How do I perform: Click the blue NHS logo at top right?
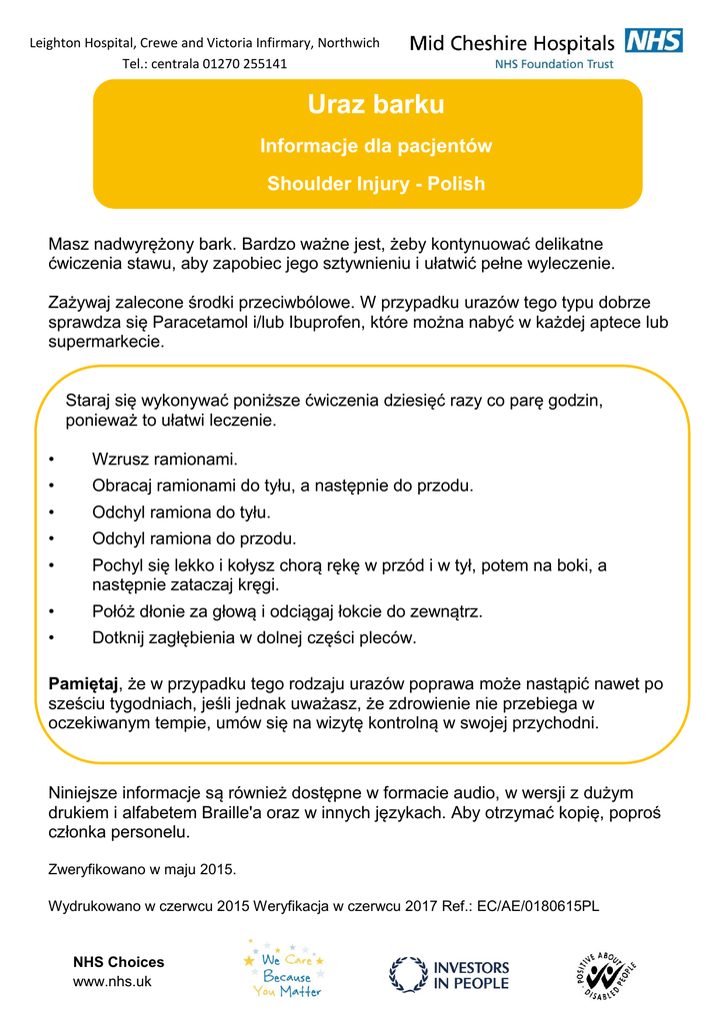coord(653,41)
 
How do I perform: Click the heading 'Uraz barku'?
coord(376,105)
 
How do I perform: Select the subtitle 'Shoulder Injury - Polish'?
coord(376,184)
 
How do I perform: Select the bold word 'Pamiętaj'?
coord(84,684)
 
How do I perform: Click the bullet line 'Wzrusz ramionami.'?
coord(165,460)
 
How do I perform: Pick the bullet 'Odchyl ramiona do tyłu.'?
coord(181,512)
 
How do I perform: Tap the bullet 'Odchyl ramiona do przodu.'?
coord(194,539)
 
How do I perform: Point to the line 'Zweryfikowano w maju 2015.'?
coord(142,869)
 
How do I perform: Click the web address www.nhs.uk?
coord(112,981)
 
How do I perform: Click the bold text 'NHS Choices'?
coord(118,962)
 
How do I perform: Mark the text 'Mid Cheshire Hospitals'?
coord(512,44)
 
